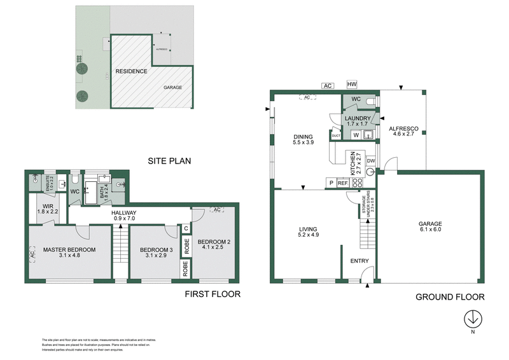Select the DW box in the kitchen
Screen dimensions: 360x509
[370, 162]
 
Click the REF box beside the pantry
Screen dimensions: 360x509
[342, 183]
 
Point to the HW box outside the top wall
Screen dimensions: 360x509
[352, 85]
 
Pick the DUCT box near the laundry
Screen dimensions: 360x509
[336, 135]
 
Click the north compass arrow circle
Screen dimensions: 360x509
[473, 317]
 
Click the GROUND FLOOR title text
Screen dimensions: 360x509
[450, 296]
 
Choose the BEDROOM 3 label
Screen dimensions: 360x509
[157, 254]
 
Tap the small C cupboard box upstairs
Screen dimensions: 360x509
[186, 229]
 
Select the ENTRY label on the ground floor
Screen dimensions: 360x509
[359, 261]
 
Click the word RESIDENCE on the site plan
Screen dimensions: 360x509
[132, 71]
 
